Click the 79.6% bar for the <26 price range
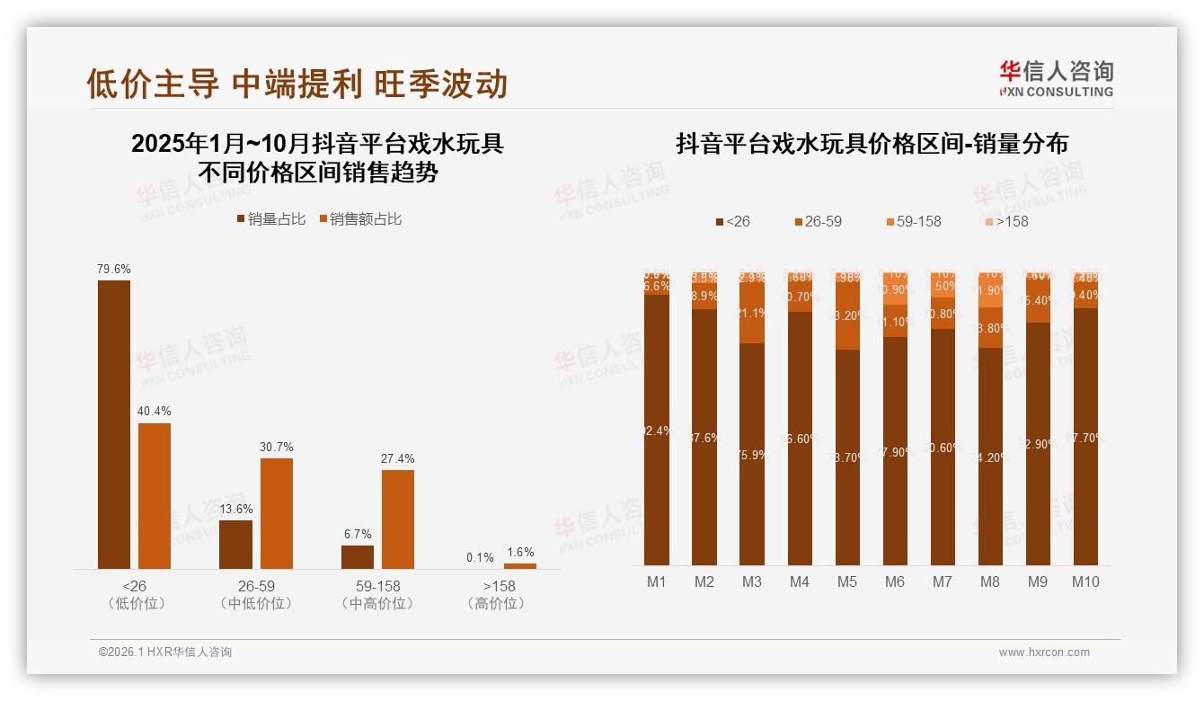pyautogui.click(x=114, y=424)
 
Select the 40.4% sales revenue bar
pyautogui.click(x=155, y=495)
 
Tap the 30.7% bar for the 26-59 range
pyautogui.click(x=277, y=513)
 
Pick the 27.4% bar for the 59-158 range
pyautogui.click(x=398, y=519)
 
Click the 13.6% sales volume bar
pyautogui.click(x=235, y=544)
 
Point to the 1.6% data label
pyautogui.click(x=519, y=553)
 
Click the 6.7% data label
pyautogui.click(x=358, y=534)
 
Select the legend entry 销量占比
pyautogui.click(x=270, y=219)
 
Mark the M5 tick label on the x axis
pyautogui.click(x=847, y=581)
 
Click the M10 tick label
pyautogui.click(x=1085, y=581)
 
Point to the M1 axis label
pyautogui.click(x=657, y=581)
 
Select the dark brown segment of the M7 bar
pyautogui.click(x=943, y=447)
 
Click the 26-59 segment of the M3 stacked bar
pyautogui.click(x=752, y=313)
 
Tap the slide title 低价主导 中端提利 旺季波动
pyautogui.click(x=297, y=84)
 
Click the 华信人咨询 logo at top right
pyautogui.click(x=1056, y=78)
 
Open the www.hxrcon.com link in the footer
pyautogui.click(x=1044, y=652)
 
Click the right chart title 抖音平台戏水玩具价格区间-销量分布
pyautogui.click(x=872, y=144)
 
